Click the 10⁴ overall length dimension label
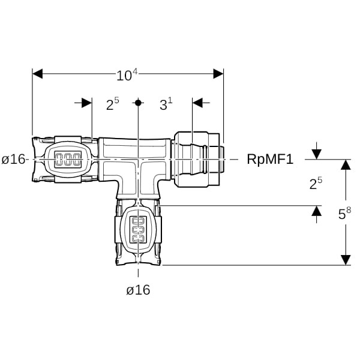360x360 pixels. tap(127, 74)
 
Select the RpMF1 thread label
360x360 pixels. tap(270, 159)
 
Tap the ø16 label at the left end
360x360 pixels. tap(13, 159)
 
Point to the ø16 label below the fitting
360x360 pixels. tap(138, 290)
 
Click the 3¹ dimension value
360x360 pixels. tap(166, 104)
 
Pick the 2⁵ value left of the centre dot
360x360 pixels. tap(113, 104)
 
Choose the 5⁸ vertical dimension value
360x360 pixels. tap(344, 214)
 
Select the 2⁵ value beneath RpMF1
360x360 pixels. tap(316, 183)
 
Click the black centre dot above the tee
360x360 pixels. tap(138, 103)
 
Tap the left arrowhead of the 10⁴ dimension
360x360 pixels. tap(37, 74)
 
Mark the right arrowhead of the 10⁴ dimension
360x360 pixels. tap(218, 74)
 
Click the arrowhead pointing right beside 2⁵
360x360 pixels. tap(87, 103)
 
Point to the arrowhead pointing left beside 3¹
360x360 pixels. tap(197, 103)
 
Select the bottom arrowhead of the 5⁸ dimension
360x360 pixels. tap(346, 260)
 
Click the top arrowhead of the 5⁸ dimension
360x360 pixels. tap(346, 164)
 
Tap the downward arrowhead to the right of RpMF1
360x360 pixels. tap(317, 154)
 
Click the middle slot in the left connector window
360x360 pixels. tap(68, 160)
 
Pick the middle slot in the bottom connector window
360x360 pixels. tap(138, 229)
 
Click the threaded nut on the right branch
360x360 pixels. tap(197, 160)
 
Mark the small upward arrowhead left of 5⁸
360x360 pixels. tap(317, 211)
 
